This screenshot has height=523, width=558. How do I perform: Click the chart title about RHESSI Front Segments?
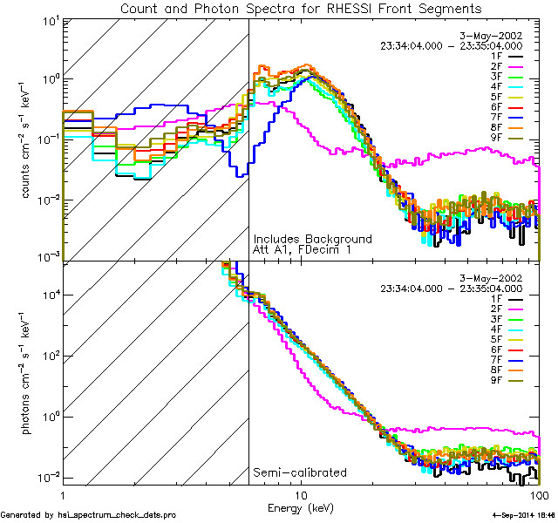[301, 9]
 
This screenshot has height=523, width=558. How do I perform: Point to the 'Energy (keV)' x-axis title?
[301, 507]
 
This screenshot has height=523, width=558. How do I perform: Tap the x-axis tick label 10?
[301, 494]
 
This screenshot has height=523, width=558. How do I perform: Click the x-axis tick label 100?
[539, 494]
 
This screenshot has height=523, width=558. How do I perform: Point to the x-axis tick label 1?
[64, 494]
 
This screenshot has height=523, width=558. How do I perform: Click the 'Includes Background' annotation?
[312, 239]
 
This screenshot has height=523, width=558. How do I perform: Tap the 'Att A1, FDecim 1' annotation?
[303, 250]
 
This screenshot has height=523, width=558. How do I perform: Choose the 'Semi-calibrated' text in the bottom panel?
[299, 472]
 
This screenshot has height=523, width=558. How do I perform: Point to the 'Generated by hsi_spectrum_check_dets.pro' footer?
[88, 516]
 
